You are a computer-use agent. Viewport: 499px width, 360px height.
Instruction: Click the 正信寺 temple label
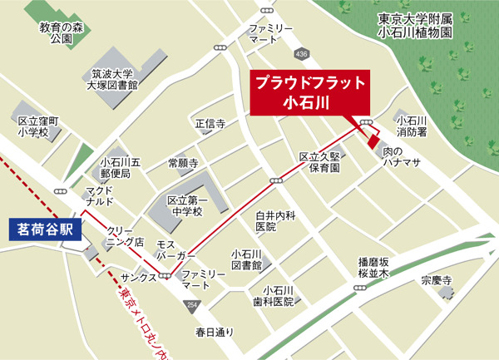pyautogui.click(x=210, y=124)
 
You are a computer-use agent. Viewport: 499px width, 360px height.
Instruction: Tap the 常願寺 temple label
pyautogui.click(x=182, y=162)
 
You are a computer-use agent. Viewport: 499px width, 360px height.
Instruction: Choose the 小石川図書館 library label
pyautogui.click(x=247, y=259)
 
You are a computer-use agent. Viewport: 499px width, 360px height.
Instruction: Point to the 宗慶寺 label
pyautogui.click(x=436, y=280)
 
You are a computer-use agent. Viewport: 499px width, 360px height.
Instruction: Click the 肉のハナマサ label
pyautogui.click(x=402, y=157)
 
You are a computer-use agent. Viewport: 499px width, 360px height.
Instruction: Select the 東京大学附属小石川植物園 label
pyautogui.click(x=414, y=25)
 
